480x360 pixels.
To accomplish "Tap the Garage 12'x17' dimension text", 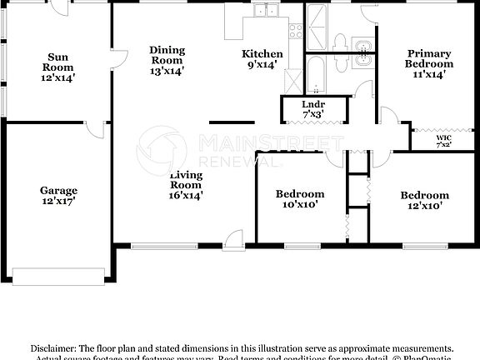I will click(x=58, y=202).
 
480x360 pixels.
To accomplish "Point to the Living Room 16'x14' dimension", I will click(x=186, y=195).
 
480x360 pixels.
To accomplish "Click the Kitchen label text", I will click(x=262, y=54).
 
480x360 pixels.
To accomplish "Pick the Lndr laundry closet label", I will click(x=302, y=104).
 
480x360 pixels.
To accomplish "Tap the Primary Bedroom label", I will click(x=429, y=57).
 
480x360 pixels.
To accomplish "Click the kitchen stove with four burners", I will click(x=295, y=31).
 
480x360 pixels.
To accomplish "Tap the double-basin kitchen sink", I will click(x=268, y=11).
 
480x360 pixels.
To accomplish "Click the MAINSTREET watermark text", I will click(x=260, y=142).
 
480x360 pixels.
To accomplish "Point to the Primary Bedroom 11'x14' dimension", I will click(x=429, y=74).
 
